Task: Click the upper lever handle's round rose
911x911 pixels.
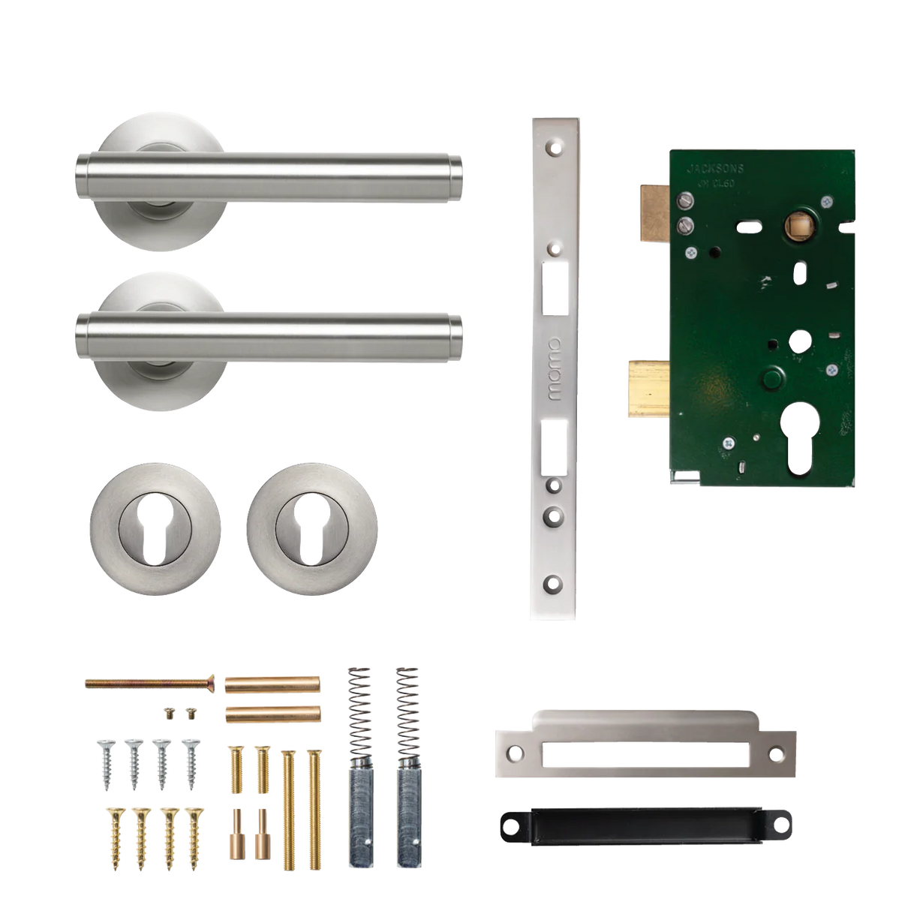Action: (147, 139)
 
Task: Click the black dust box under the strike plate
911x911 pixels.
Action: (642, 825)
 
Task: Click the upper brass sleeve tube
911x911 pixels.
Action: (272, 684)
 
